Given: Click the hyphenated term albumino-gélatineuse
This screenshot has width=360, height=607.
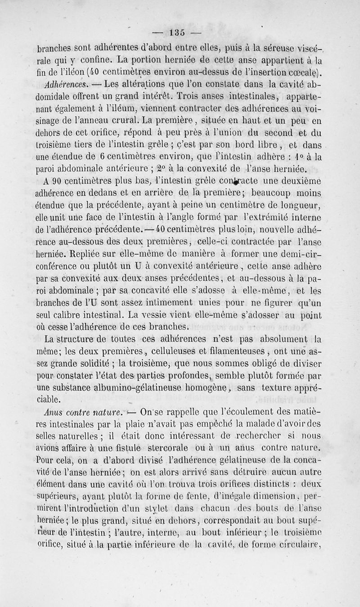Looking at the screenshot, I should tap(138, 387).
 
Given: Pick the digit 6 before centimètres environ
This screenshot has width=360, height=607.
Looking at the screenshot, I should tap(103, 157).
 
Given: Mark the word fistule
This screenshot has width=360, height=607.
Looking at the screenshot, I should tap(126, 447).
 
